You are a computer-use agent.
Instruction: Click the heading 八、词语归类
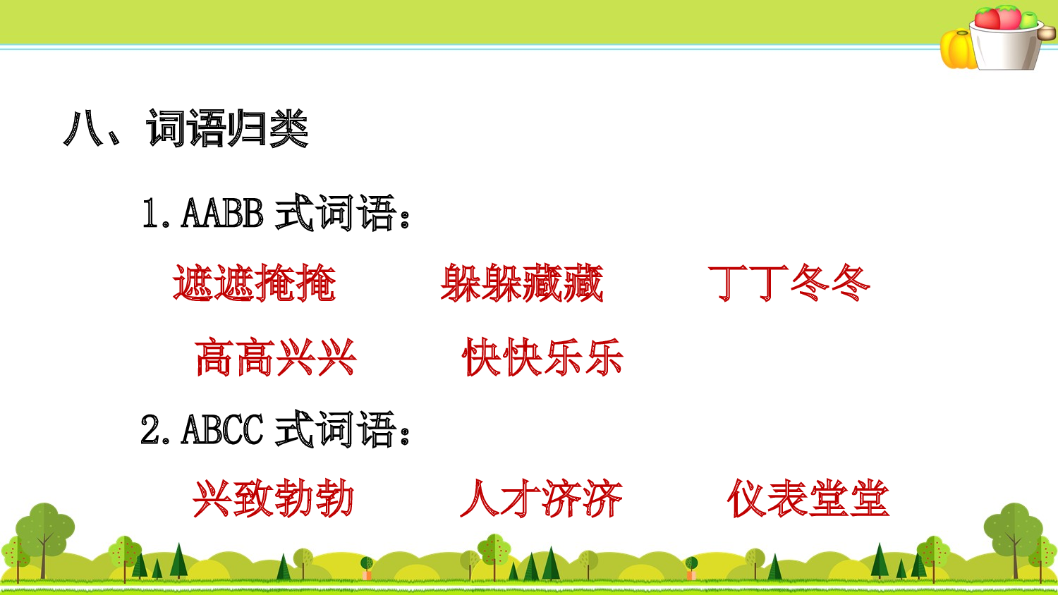pos(186,129)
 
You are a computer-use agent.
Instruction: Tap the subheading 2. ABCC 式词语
pos(276,429)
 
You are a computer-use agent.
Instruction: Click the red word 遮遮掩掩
pos(254,283)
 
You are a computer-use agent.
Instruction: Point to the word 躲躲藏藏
pos(522,283)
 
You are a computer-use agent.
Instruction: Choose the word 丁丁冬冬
pos(789,283)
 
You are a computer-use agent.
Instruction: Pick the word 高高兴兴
pos(275,357)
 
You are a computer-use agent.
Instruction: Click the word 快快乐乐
pos(542,357)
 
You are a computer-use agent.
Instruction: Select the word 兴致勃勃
pos(274,499)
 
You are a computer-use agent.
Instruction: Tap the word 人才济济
pos(541,499)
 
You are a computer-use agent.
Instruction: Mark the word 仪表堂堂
pos(808,499)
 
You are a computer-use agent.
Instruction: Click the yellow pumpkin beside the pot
pos(957,49)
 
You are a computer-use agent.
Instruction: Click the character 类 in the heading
pos(288,130)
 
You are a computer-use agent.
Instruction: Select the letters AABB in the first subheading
pos(222,213)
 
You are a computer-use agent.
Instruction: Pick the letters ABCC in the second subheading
pos(222,429)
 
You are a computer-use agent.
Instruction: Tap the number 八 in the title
pos(83,129)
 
